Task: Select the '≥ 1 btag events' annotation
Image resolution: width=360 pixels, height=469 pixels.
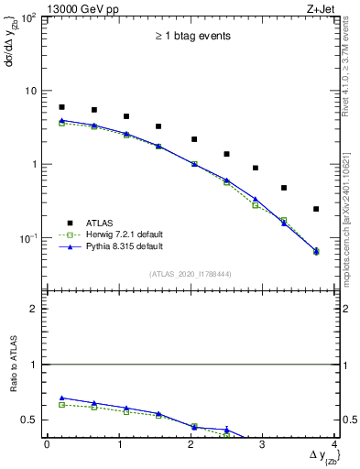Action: click(191, 37)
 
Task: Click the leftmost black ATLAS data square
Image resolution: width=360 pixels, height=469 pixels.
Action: click(61, 107)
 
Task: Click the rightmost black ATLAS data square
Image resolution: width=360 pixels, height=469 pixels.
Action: click(316, 209)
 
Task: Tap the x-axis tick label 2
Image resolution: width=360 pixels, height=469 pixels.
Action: click(191, 445)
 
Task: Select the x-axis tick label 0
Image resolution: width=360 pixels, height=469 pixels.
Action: click(47, 445)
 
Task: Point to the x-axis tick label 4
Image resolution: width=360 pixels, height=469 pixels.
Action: click(335, 445)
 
